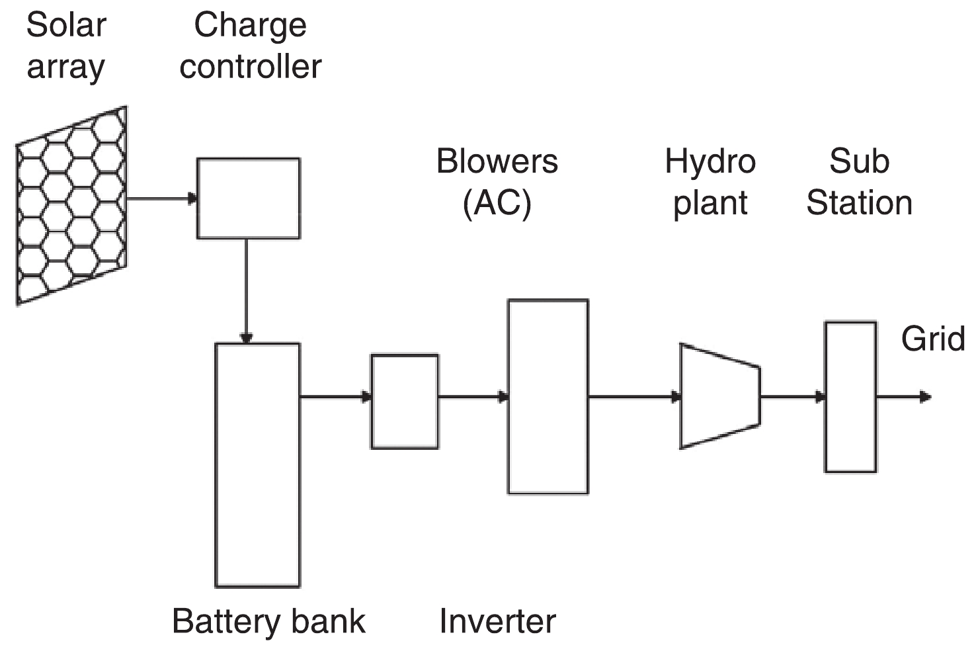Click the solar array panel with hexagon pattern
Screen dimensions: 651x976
click(x=71, y=205)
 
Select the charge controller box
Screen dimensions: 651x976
click(x=248, y=198)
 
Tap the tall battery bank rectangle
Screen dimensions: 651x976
click(x=257, y=464)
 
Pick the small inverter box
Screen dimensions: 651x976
click(x=405, y=402)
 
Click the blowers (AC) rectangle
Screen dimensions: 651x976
click(x=548, y=397)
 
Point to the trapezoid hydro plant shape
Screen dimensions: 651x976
click(x=720, y=396)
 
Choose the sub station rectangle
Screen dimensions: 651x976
click(x=850, y=397)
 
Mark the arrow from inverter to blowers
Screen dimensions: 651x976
click(x=473, y=397)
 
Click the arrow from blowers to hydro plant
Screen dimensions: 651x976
click(x=634, y=397)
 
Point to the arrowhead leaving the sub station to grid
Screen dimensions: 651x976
click(x=925, y=397)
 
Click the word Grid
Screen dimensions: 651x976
click(x=932, y=339)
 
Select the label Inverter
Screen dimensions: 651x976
click(x=497, y=621)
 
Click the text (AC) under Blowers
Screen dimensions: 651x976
click(x=497, y=203)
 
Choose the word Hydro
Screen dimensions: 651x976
click(x=710, y=161)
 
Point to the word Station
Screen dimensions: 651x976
click(x=859, y=202)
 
